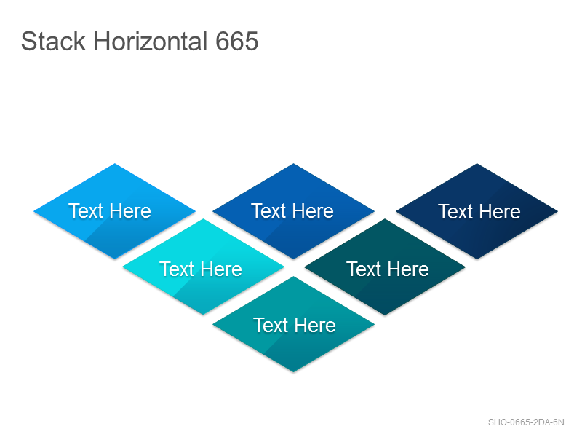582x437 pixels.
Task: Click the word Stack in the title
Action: pyautogui.click(x=53, y=41)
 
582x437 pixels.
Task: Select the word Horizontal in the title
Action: pyautogui.click(x=151, y=41)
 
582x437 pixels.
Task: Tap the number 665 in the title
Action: pyautogui.click(x=237, y=41)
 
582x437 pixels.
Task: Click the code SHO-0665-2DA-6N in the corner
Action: pyautogui.click(x=526, y=422)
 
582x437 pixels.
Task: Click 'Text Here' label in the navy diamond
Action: pyautogui.click(x=479, y=211)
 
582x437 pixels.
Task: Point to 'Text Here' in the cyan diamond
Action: pyautogui.click(x=201, y=269)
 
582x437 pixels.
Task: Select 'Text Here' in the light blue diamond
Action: pyautogui.click(x=110, y=210)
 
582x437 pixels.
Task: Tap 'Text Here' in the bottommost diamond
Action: pyautogui.click(x=295, y=325)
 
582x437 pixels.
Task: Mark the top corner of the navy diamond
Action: pyautogui.click(x=477, y=163)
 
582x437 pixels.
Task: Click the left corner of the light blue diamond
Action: pyautogui.click(x=33, y=211)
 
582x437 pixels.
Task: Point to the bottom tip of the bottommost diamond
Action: pyautogui.click(x=293, y=371)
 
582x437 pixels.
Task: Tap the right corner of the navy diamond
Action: pyautogui.click(x=557, y=211)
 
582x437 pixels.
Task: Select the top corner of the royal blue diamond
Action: pyautogui.click(x=293, y=163)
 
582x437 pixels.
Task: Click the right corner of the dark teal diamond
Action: pyautogui.click(x=466, y=267)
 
